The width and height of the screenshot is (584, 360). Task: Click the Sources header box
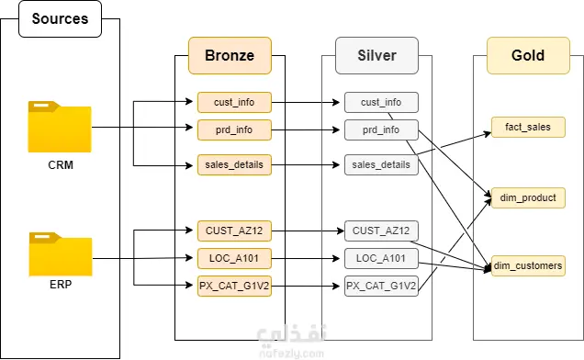coord(60,18)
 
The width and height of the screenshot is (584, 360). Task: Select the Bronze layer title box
coord(230,55)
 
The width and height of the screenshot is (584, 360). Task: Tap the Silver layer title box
coord(376,55)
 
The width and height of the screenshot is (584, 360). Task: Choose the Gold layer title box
coord(528,55)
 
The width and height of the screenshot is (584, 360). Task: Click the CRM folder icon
coord(60,127)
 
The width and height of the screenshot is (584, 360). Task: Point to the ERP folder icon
coord(61,254)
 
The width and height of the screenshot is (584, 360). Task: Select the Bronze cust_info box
coord(234,102)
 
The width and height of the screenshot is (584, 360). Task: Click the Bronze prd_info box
coord(234,129)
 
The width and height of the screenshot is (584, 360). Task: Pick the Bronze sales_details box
coord(234,164)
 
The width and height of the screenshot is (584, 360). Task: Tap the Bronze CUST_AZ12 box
coord(234,231)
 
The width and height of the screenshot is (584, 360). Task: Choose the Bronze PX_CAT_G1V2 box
coord(234,286)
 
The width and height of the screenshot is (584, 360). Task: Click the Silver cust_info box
coord(381,102)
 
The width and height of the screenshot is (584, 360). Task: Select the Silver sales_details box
coord(381,164)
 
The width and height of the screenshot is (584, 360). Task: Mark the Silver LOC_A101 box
coord(381,258)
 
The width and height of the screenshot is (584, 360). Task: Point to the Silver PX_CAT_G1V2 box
coord(381,286)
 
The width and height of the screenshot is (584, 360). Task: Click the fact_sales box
coord(528,127)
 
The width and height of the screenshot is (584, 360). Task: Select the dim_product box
coord(528,197)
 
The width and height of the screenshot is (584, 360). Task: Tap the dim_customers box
coord(528,265)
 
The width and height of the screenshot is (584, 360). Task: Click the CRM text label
coord(61,164)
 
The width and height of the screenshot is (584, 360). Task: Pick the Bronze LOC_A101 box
coord(234,258)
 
